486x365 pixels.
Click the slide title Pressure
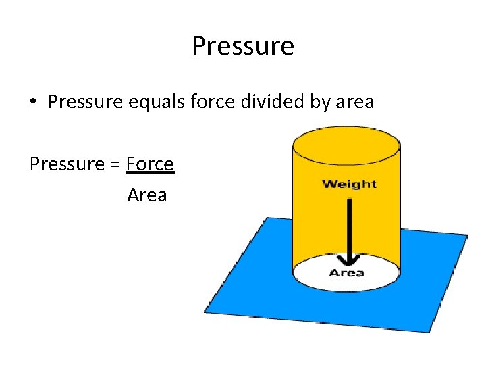point(243,47)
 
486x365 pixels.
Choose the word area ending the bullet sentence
point(355,103)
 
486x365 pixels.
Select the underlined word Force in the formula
point(150,164)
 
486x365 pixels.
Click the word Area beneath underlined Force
point(147,195)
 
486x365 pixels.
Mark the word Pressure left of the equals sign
point(65,164)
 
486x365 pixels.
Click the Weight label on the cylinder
point(349,184)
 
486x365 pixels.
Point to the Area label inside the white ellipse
point(347,273)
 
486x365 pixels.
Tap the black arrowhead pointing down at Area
point(349,261)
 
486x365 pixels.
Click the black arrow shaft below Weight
point(349,223)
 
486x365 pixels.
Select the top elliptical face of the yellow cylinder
point(346,141)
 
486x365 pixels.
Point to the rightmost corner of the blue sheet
point(466,236)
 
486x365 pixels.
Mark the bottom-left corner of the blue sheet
point(205,312)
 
